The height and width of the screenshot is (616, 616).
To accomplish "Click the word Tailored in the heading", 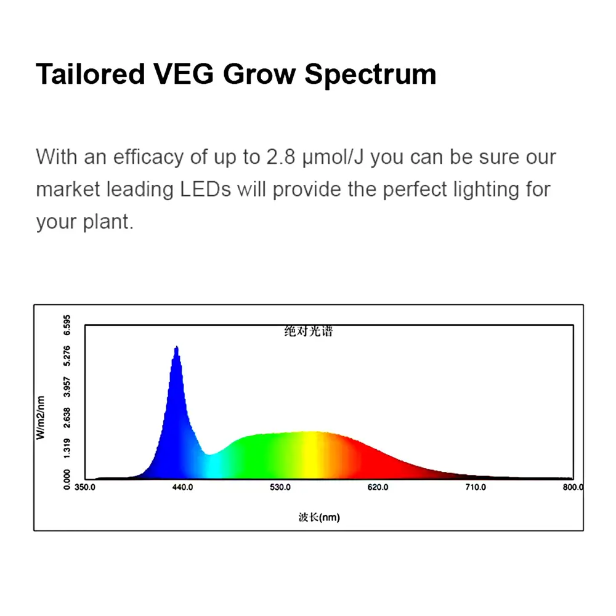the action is [91, 74].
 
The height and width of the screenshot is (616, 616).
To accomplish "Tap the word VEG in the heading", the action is [184, 74].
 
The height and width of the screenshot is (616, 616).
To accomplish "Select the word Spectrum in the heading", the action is [370, 75].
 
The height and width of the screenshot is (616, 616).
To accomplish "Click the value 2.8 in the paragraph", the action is [281, 156].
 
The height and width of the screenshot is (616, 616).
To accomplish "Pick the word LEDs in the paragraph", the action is [206, 189].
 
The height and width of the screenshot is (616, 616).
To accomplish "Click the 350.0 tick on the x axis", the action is [85, 487].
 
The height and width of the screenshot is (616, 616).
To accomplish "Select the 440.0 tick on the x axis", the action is [183, 487].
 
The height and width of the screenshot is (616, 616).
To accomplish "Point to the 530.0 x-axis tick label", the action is [280, 487].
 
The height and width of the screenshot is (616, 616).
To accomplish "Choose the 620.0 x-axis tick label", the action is [378, 487].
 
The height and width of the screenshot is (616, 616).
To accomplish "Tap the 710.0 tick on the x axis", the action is [476, 487].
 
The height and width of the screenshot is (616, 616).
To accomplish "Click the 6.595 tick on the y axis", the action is [67, 325].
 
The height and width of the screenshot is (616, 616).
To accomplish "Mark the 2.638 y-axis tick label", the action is [67, 418].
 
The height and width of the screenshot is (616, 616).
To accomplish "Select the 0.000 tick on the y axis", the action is [67, 479].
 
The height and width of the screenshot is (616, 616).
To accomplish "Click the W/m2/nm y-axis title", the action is [41, 418].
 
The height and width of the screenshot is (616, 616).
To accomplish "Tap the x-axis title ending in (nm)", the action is [319, 517].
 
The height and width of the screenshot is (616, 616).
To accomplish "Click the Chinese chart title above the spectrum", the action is [309, 331].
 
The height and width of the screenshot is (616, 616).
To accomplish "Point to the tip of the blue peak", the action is [177, 346].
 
